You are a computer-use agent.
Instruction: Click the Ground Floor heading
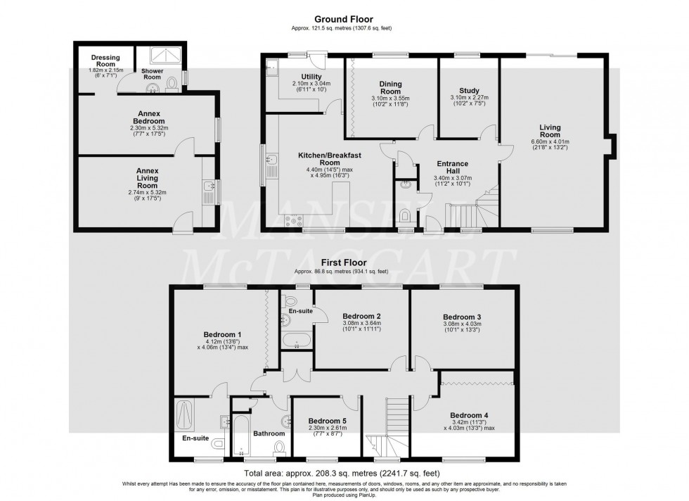point(344,20)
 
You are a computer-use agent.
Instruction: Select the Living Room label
point(550,131)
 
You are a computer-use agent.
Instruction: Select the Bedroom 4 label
point(469,414)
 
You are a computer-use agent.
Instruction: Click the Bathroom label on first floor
point(268,433)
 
